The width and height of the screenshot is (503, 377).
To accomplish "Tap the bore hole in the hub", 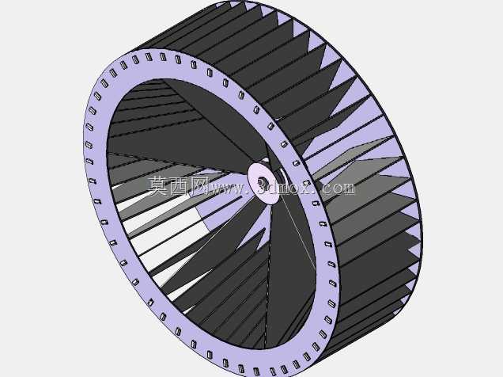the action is coord(263,183).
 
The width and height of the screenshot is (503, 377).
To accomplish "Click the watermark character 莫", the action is coord(157,186).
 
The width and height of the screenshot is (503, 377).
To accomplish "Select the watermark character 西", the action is coord(178,186).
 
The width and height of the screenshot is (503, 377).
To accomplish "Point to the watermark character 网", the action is coord(199,186).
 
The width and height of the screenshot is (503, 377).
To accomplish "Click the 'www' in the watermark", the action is coord(228,188).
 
